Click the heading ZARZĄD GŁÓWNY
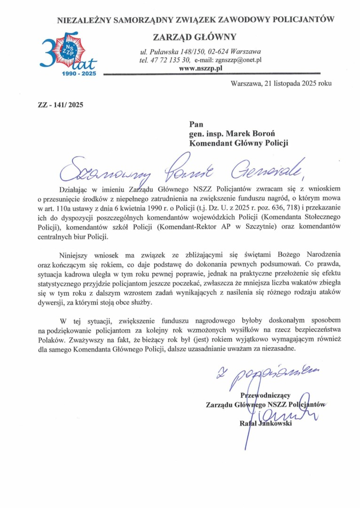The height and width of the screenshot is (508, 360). [x=195, y=37]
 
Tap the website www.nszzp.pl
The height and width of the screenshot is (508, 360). [x=201, y=68]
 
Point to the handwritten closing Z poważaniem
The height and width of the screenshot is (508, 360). [x=263, y=375]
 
